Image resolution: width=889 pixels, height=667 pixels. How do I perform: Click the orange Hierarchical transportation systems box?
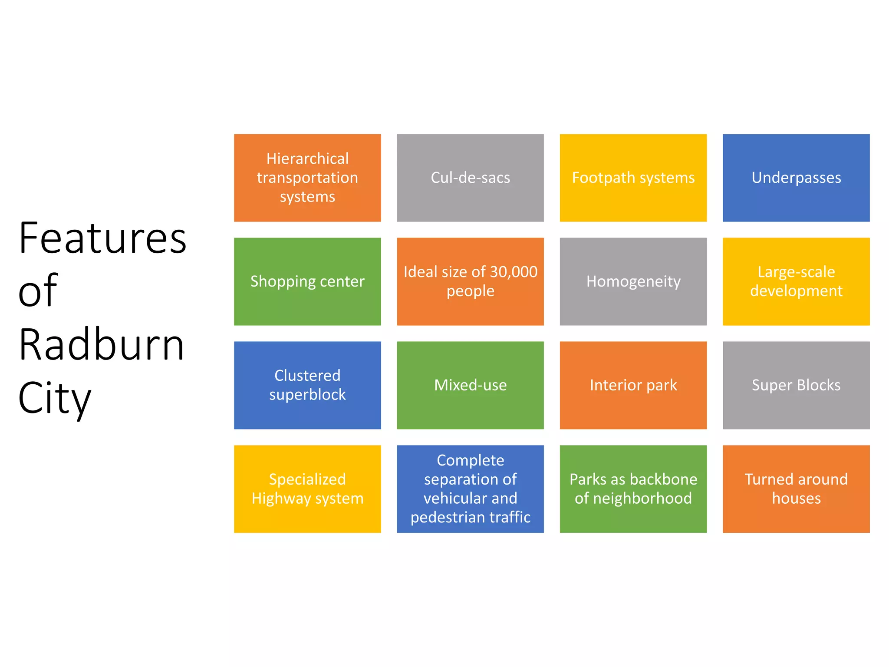pyautogui.click(x=307, y=178)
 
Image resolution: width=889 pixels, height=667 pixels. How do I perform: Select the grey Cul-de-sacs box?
pyautogui.click(x=470, y=178)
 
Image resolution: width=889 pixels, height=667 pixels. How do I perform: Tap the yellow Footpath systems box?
pyautogui.click(x=633, y=178)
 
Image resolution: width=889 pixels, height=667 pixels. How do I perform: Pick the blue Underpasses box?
pyautogui.click(x=796, y=178)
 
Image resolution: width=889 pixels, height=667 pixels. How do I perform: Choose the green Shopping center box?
pyautogui.click(x=307, y=281)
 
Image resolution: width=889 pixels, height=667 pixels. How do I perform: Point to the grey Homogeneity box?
pyautogui.click(x=633, y=281)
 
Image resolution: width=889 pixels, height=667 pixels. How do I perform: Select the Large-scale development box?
pyautogui.click(x=796, y=281)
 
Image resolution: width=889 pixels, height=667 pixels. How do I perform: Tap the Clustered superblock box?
pyautogui.click(x=307, y=385)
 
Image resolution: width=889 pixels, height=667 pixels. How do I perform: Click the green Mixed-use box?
pyautogui.click(x=470, y=385)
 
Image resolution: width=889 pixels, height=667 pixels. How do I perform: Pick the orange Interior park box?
pyautogui.click(x=633, y=385)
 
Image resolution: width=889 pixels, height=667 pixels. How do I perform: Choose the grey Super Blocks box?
pyautogui.click(x=796, y=385)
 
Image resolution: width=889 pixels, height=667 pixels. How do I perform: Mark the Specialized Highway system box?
pyautogui.click(x=307, y=489)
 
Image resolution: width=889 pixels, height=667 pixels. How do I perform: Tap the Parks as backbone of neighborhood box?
pyautogui.click(x=633, y=489)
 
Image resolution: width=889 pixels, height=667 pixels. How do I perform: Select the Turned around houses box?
pyautogui.click(x=796, y=489)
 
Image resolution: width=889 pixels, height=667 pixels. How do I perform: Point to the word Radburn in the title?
pyautogui.click(x=102, y=345)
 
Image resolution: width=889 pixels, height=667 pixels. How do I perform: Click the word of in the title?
pyautogui.click(x=38, y=291)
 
